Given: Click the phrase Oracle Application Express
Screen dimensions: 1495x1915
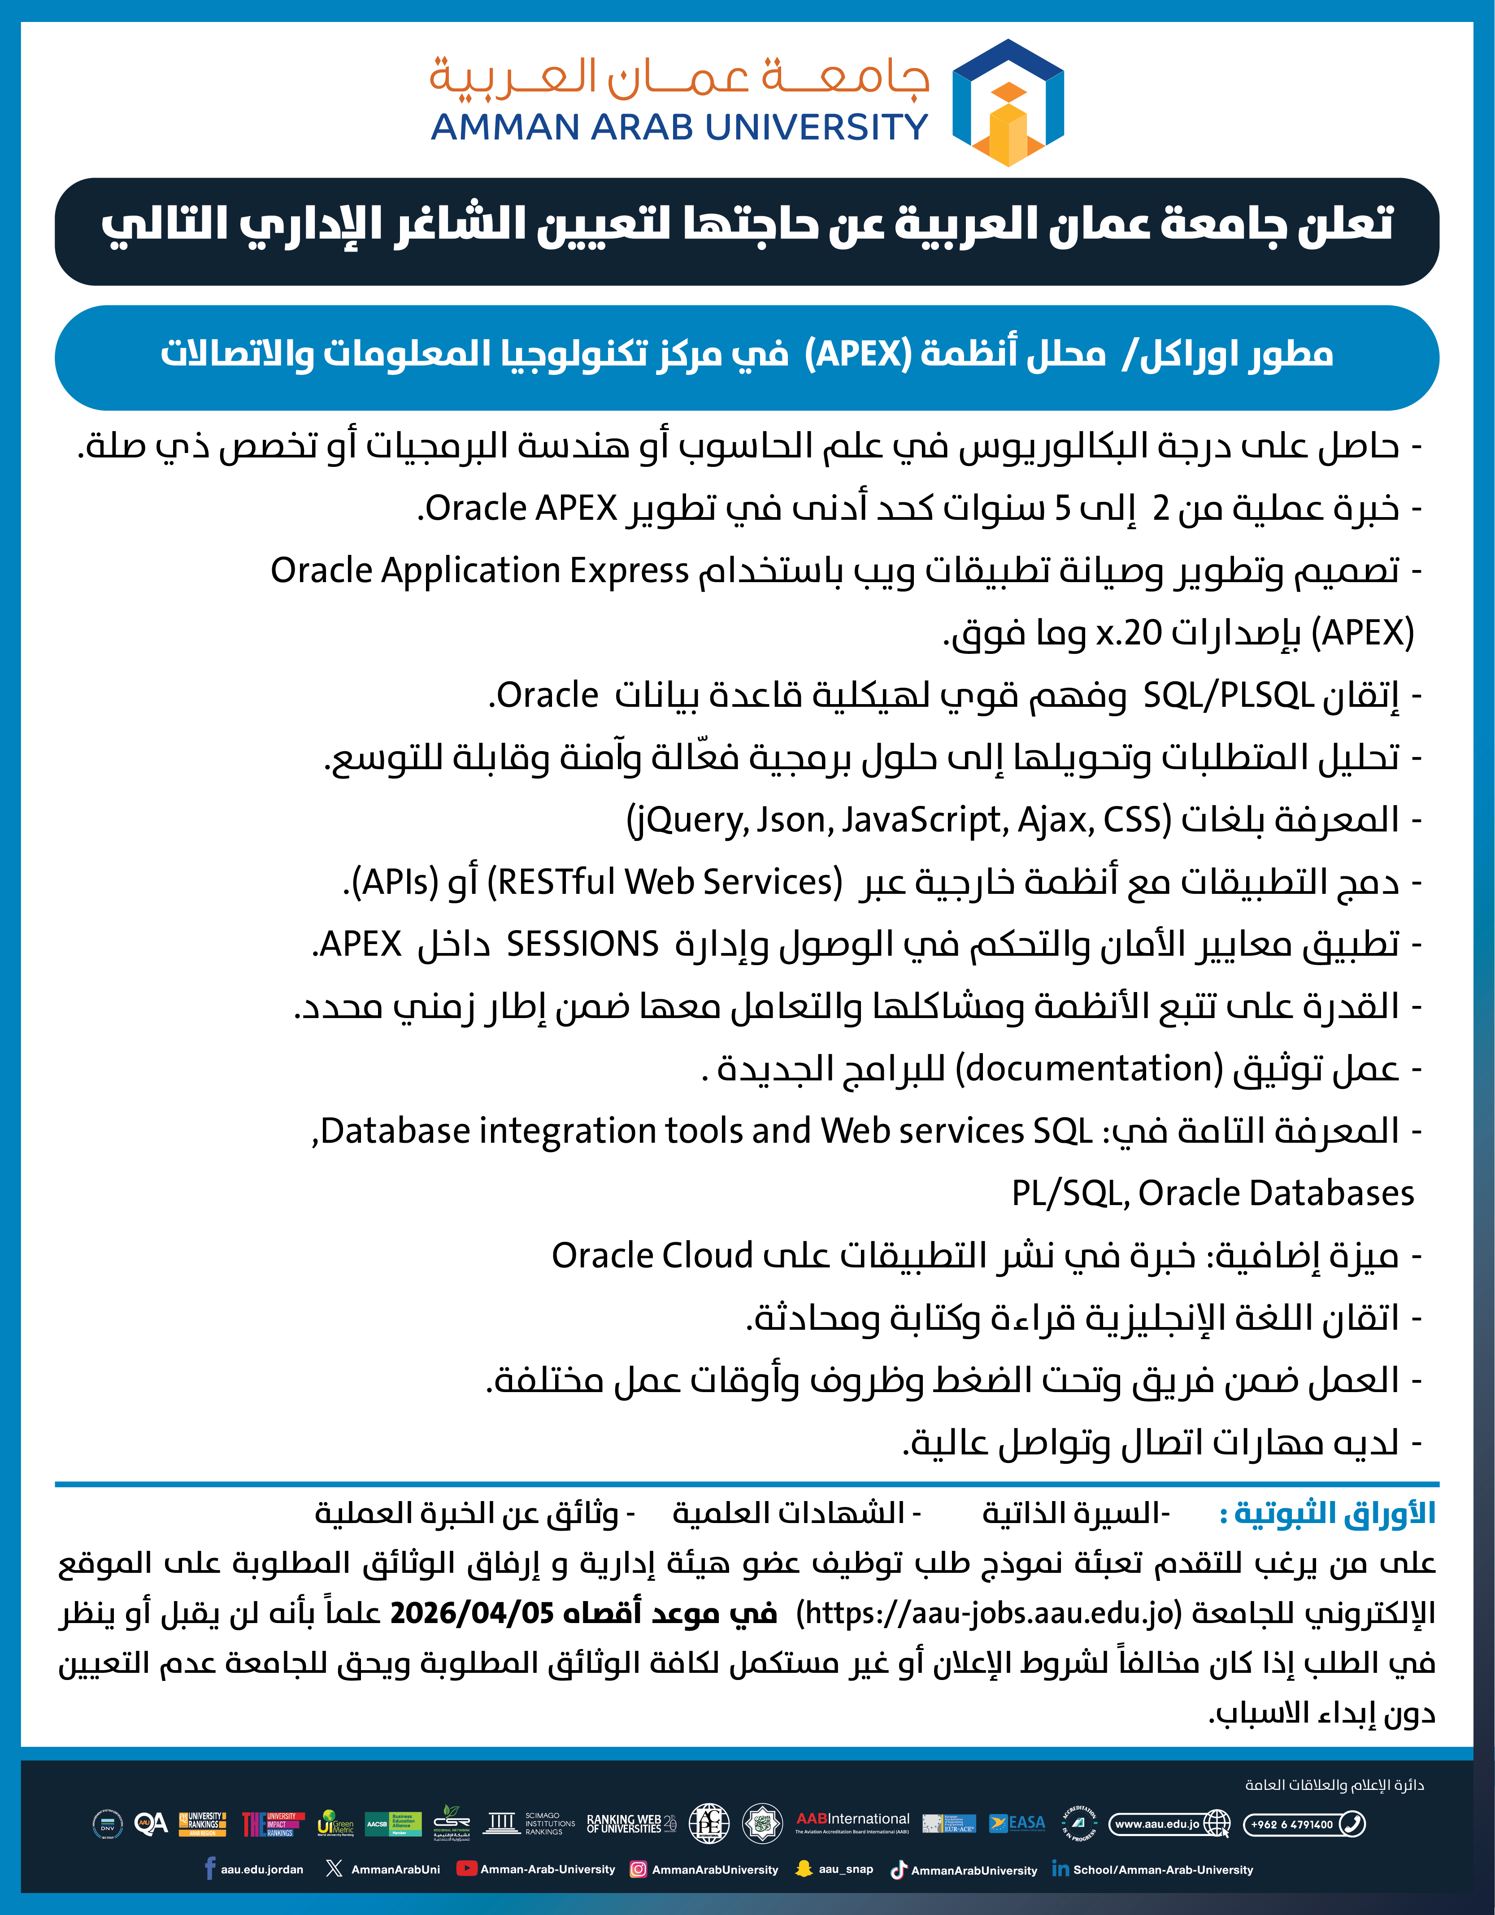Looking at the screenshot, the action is click(x=480, y=571).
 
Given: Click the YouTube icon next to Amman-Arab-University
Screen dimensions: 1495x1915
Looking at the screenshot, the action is click(x=466, y=1868).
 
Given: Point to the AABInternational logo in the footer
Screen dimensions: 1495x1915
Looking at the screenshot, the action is click(x=852, y=1822).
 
